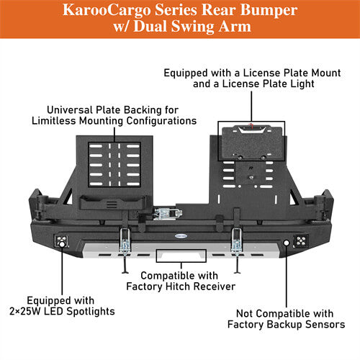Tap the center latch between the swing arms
click(168, 215)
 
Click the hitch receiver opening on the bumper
click(179, 255)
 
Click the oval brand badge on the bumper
click(179, 234)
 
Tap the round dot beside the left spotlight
click(62, 245)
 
